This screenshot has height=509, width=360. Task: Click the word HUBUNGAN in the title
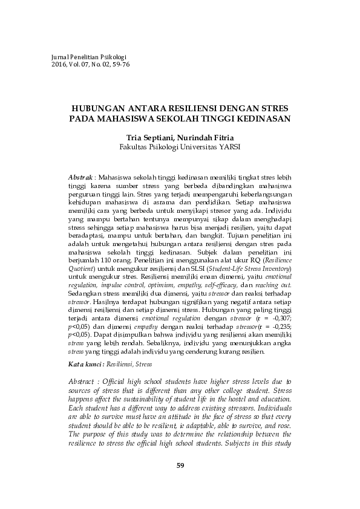(x=99, y=107)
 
